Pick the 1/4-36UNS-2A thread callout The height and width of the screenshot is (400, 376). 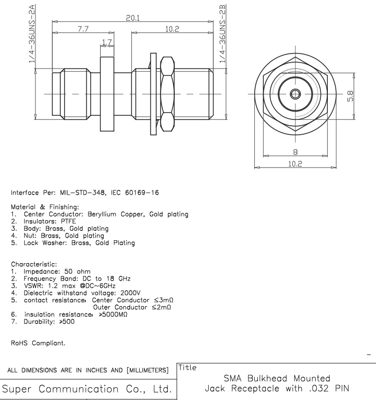click(x=32, y=33)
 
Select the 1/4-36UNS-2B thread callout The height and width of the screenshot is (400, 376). click(x=225, y=33)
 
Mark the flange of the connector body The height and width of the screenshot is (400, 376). click(x=107, y=94)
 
